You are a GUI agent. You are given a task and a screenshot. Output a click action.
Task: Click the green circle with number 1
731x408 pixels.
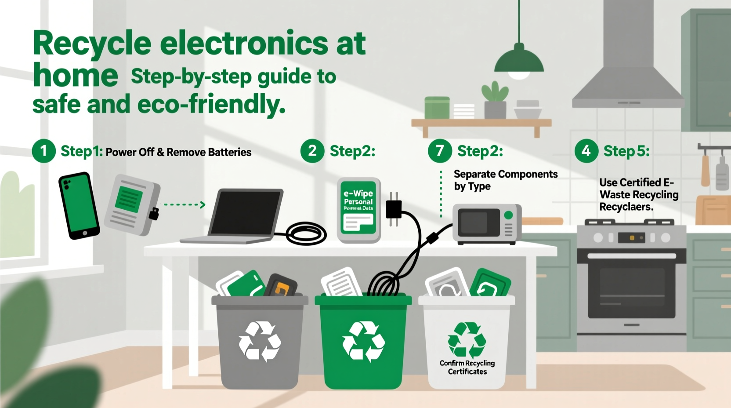[43, 151]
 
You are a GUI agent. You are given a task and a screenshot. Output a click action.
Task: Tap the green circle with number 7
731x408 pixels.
[439, 151]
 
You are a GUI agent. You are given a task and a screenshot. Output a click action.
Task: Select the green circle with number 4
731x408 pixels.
[586, 151]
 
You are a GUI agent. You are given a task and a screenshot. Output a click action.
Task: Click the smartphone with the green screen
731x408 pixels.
[79, 205]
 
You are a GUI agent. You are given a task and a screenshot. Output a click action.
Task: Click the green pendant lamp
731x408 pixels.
[519, 61]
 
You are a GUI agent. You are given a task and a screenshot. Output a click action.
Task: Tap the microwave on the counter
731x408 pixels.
[487, 224]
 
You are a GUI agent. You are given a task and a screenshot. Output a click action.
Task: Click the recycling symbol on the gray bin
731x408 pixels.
[260, 342]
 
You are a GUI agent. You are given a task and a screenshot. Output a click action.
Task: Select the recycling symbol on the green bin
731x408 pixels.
[363, 342]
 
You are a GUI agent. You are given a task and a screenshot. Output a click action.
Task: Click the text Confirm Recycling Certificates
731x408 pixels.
[467, 367]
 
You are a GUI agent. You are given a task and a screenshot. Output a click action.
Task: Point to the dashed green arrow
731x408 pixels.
[185, 204]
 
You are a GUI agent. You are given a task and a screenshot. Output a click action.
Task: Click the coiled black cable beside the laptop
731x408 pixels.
[306, 233]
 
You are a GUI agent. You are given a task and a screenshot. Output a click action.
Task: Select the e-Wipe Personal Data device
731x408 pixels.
[358, 210]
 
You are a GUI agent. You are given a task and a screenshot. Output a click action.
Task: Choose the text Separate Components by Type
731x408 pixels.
[505, 180]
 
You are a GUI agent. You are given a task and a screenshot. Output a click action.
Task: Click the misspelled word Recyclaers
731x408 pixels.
[626, 207]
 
